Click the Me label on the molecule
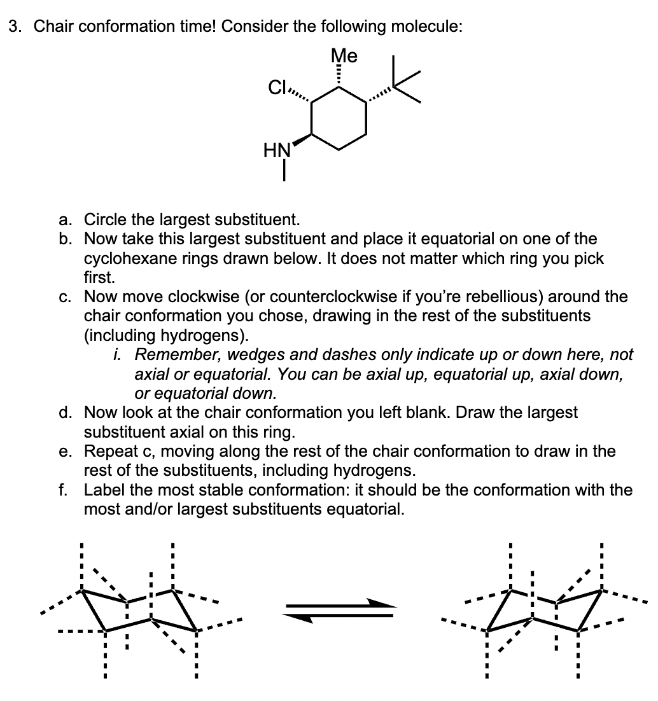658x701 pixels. pos(344,56)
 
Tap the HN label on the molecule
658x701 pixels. pos(277,151)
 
